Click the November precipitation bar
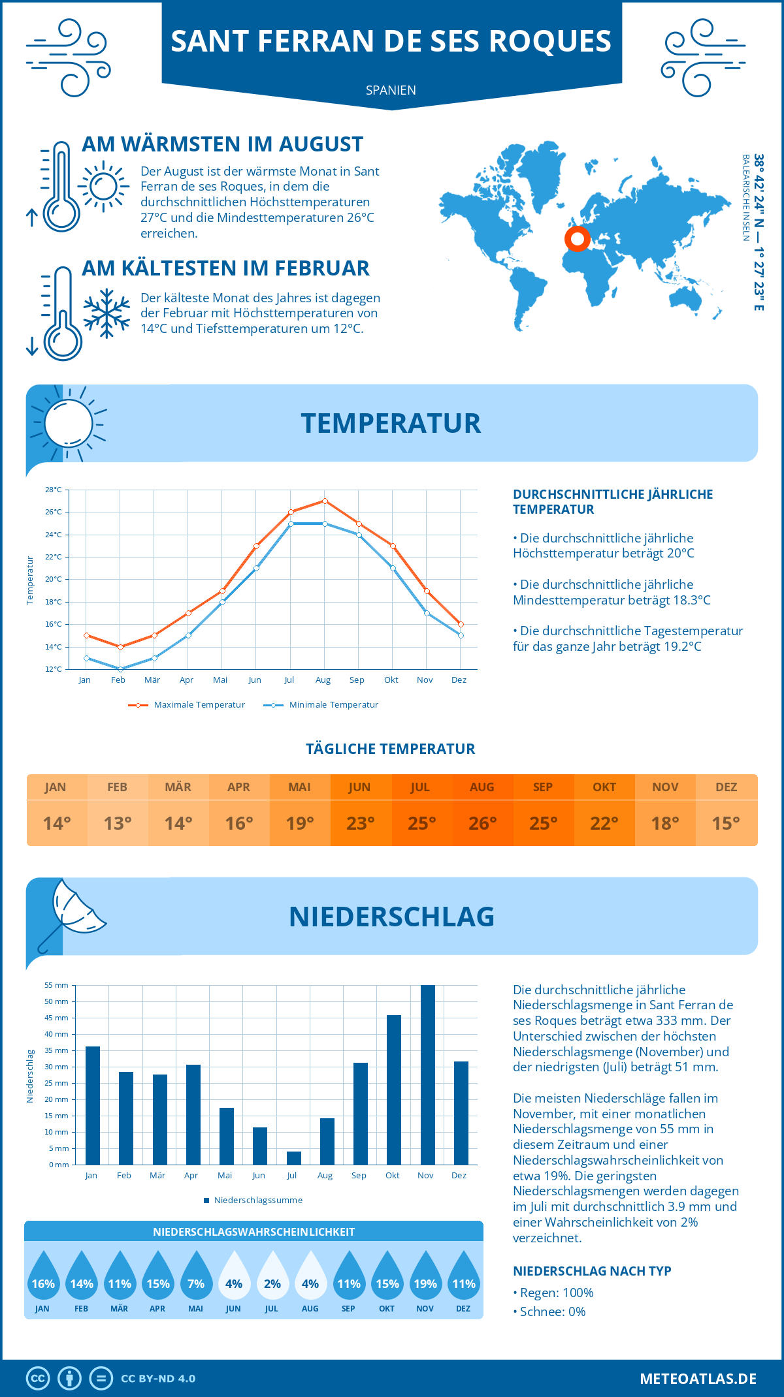pyautogui.click(x=427, y=1075)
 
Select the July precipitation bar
pyautogui.click(x=294, y=1158)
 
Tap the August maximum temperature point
pyautogui.click(x=325, y=501)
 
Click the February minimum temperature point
pyautogui.click(x=120, y=669)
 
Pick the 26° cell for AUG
pyautogui.click(x=482, y=823)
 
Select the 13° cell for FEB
pyautogui.click(x=118, y=823)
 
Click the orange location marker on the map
pyautogui.click(x=577, y=239)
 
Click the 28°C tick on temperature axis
pyautogui.click(x=54, y=490)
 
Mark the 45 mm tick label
pyautogui.click(x=57, y=1018)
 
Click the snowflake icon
pyautogui.click(x=106, y=313)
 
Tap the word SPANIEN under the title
pyautogui.click(x=391, y=90)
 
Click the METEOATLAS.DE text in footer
pyautogui.click(x=698, y=1379)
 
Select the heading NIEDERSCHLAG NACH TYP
pyautogui.click(x=592, y=1271)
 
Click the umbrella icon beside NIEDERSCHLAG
pyautogui.click(x=72, y=914)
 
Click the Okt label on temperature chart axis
pyautogui.click(x=391, y=680)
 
